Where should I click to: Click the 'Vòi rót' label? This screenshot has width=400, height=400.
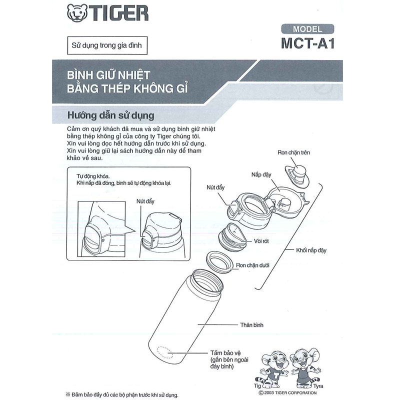click(260, 241)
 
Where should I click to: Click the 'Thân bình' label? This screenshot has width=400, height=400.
click(252, 325)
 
